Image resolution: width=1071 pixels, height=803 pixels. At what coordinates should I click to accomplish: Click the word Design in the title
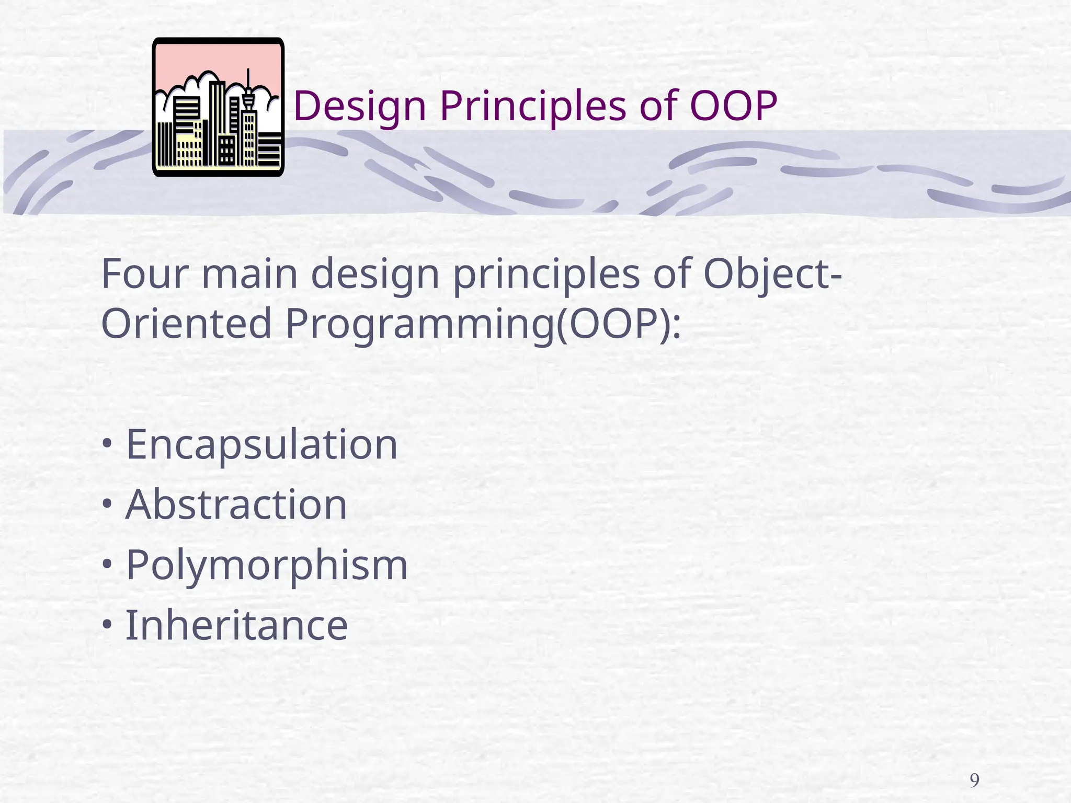[360, 107]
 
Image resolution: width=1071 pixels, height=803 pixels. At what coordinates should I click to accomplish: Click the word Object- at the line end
[772, 276]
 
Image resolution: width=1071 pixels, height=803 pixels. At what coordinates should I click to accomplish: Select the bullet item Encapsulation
[261, 445]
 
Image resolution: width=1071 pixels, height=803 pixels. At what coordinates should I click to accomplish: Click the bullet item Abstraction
[236, 505]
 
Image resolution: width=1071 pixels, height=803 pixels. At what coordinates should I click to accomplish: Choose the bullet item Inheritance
[236, 626]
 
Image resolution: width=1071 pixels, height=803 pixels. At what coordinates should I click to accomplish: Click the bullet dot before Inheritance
[107, 624]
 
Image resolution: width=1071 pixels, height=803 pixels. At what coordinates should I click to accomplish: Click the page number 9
[974, 781]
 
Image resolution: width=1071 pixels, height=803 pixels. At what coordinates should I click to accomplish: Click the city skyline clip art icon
[218, 107]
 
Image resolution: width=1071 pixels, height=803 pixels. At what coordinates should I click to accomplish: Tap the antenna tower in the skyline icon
[248, 89]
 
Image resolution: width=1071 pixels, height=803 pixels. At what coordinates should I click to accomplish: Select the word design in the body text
[375, 276]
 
